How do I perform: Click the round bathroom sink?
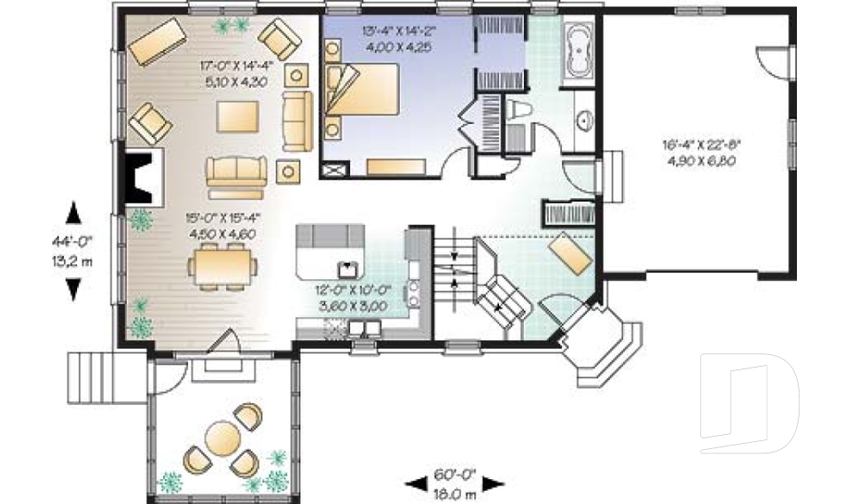tap(585, 120)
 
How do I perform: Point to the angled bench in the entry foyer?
tap(570, 254)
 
